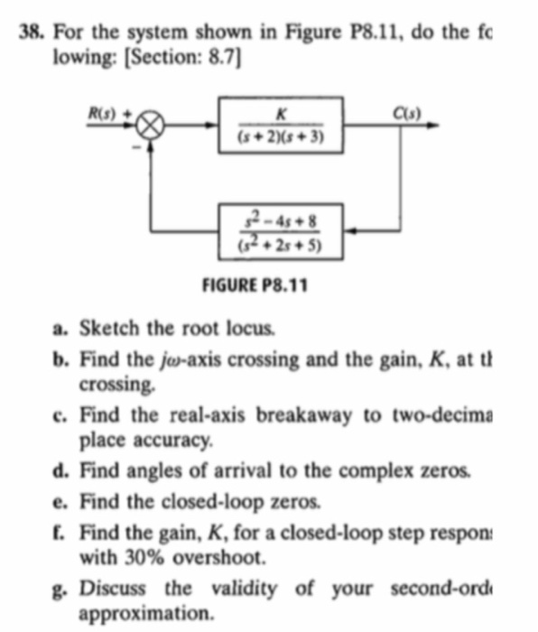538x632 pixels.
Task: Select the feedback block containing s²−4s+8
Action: pos(281,230)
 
